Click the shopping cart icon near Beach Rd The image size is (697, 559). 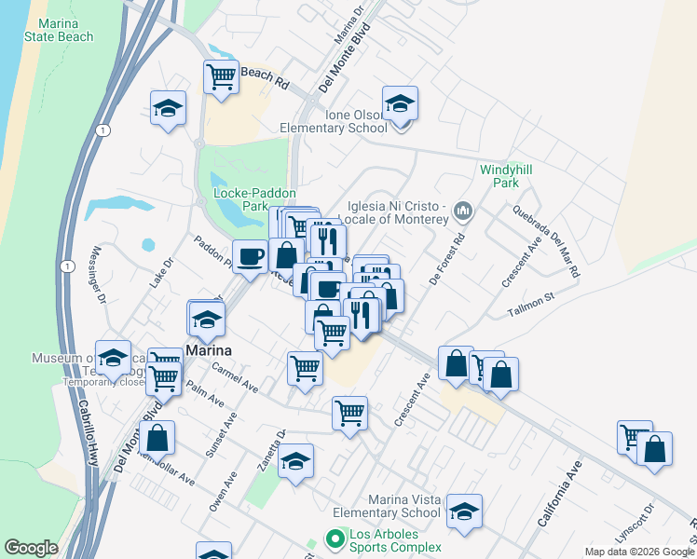222,77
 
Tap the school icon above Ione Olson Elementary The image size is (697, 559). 400,103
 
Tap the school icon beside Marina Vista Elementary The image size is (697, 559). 464,511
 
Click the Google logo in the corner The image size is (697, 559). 31,548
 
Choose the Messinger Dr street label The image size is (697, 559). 97,276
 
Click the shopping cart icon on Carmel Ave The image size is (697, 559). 305,369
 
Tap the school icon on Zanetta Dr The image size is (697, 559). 295,462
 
